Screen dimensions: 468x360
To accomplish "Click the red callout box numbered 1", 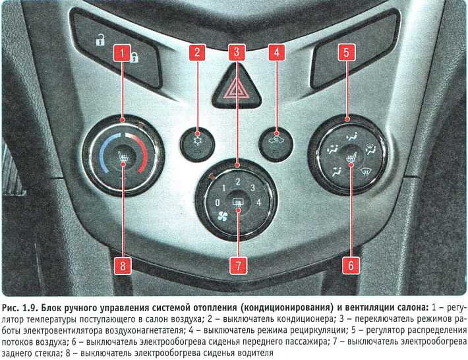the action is coord(122,53).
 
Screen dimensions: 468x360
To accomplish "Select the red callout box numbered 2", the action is coord(197,53).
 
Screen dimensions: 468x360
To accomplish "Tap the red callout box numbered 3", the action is coord(237,53).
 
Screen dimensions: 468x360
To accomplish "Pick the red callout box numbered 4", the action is coord(277,53).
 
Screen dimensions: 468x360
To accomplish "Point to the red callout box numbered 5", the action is coord(347,53).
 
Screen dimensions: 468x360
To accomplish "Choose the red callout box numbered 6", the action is coord(351,265).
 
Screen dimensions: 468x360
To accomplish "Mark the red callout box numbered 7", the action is coord(238,265).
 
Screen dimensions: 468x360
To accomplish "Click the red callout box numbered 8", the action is coord(123,266).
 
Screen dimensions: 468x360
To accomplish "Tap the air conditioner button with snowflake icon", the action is coord(197,144).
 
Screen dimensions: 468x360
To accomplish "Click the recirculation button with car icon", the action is coord(276,144).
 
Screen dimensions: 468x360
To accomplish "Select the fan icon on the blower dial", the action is coord(222,216).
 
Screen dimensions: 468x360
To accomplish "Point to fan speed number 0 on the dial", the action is coord(218,202).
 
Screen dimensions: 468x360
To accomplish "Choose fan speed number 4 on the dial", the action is coord(258,202).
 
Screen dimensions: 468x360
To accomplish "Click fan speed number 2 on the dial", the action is coord(238,182).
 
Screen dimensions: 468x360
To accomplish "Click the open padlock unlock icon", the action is coord(100,40).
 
